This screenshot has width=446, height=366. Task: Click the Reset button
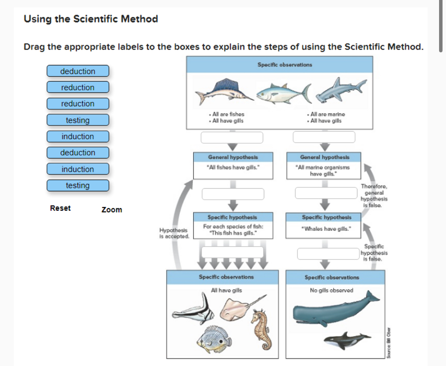click(x=60, y=208)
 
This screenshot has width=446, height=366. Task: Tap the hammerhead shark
click(x=341, y=90)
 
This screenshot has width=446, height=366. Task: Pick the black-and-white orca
click(x=347, y=340)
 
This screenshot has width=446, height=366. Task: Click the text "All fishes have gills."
click(x=233, y=167)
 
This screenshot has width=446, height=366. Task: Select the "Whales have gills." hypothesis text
click(x=326, y=229)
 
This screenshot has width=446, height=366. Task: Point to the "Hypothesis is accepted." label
click(x=174, y=233)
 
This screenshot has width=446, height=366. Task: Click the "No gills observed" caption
click(x=331, y=290)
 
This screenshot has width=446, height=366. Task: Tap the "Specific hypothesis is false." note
click(x=374, y=252)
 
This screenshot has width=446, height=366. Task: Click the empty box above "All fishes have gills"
click(x=232, y=137)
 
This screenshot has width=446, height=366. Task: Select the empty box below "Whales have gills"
click(x=328, y=254)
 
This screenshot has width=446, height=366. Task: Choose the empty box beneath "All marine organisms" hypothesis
click(x=326, y=193)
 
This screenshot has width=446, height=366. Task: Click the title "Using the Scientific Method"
click(x=91, y=19)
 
